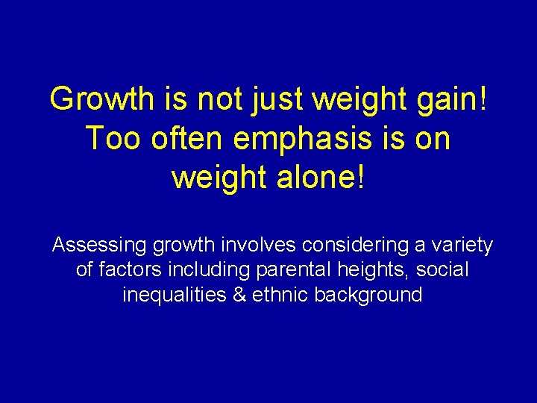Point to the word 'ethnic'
click(x=280, y=295)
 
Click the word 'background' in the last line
click(x=368, y=295)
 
